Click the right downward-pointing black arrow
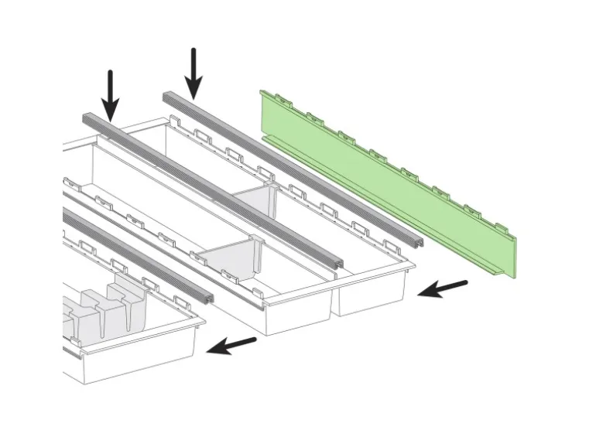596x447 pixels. (x=194, y=71)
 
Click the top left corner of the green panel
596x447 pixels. (x=263, y=93)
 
